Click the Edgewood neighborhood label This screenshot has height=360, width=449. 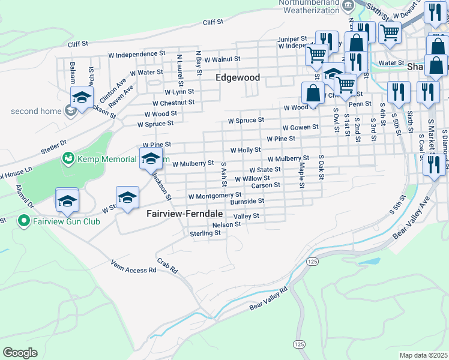click(x=238, y=78)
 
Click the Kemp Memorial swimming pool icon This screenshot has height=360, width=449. click(x=68, y=158)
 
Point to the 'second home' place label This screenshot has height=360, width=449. click(x=36, y=111)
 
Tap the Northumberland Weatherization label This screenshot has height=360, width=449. click(x=309, y=7)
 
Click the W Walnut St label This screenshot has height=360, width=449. click(x=222, y=59)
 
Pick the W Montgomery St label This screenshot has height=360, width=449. click(x=214, y=196)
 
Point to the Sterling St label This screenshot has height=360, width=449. click(x=205, y=233)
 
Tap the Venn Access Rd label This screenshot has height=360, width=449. click(x=133, y=266)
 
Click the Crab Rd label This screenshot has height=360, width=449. click(x=168, y=266)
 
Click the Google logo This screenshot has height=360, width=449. click(x=20, y=352)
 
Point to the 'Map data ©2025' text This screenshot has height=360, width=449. click(x=423, y=355)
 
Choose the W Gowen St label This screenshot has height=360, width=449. click(x=300, y=127)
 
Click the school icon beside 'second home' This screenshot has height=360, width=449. click(x=82, y=97)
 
